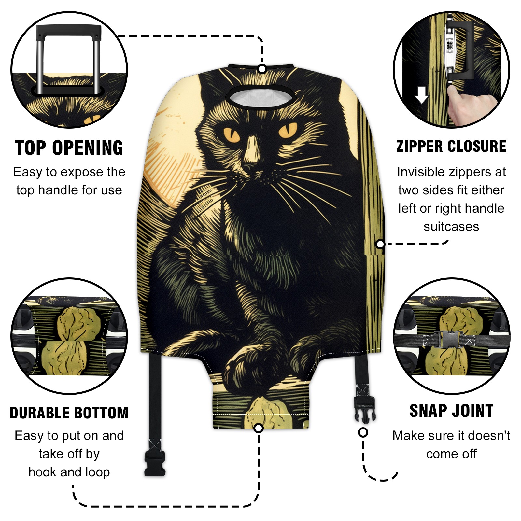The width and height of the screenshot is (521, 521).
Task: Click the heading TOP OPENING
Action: [69, 148]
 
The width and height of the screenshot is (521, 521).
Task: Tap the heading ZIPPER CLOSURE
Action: [451, 146]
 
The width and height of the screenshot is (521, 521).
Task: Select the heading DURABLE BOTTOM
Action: [69, 413]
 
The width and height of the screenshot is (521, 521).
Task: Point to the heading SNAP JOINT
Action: [451, 411]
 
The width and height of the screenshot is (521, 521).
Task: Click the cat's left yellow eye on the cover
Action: [232, 134]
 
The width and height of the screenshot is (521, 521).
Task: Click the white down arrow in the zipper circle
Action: [422, 94]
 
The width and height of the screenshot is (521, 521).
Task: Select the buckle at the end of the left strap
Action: [155, 463]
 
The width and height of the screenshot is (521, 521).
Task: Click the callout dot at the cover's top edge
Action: [262, 69]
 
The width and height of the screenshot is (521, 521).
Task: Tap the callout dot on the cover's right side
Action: [380, 244]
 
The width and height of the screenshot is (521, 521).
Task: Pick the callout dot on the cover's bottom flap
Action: [259, 428]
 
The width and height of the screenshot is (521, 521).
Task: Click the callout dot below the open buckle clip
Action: [363, 432]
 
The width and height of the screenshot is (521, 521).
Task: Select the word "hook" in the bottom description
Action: [42, 472]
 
